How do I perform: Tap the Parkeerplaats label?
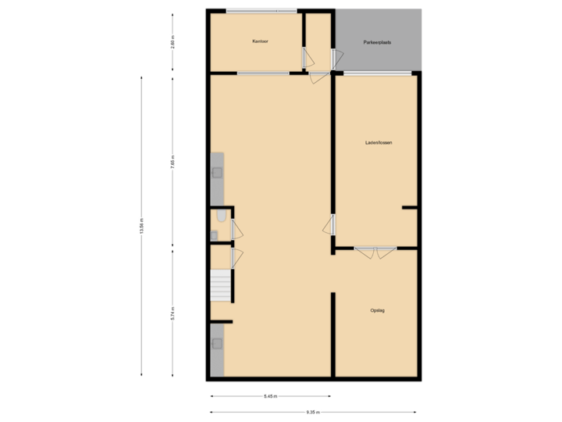377,41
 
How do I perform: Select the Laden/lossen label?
378,143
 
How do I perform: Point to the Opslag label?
378,311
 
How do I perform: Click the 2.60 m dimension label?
173,41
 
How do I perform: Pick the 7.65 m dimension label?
173,161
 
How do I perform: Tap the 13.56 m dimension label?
141,225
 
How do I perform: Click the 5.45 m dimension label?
270,396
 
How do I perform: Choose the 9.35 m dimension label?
313,412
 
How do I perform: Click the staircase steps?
221,285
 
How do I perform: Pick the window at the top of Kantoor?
261,11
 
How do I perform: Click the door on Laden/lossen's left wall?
331,225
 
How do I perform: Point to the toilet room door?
234,230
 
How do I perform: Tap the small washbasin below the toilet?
214,234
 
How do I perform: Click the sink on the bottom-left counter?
217,342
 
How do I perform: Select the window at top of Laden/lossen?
376,73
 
